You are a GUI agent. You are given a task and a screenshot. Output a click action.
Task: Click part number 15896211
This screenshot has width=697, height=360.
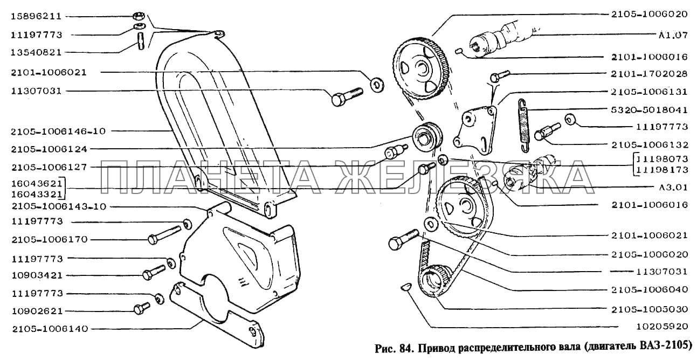point(36,16)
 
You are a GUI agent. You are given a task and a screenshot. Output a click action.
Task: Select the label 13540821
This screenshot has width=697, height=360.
point(36,52)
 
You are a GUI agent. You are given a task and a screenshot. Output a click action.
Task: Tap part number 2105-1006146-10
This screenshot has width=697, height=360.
point(58,131)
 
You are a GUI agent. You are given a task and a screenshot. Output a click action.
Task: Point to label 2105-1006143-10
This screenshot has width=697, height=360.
point(59,206)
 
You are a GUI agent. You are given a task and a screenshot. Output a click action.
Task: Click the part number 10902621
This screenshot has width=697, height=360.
point(37,311)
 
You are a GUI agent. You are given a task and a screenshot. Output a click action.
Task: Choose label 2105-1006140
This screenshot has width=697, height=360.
point(50,329)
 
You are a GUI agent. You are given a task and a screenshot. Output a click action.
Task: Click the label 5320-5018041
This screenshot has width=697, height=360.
point(649,110)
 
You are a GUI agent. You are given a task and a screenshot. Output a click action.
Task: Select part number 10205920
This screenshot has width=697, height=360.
point(661,327)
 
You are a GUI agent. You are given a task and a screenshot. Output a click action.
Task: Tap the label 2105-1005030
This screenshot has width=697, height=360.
point(649,309)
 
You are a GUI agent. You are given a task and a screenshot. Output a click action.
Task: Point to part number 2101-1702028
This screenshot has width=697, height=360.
point(649,74)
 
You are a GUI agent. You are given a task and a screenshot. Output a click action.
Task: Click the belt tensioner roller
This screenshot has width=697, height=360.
point(427,138)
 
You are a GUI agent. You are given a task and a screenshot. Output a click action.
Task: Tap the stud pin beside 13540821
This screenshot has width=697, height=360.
point(141,41)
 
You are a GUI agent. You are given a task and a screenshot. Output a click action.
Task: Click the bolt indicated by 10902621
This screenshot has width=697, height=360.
point(142,308)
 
